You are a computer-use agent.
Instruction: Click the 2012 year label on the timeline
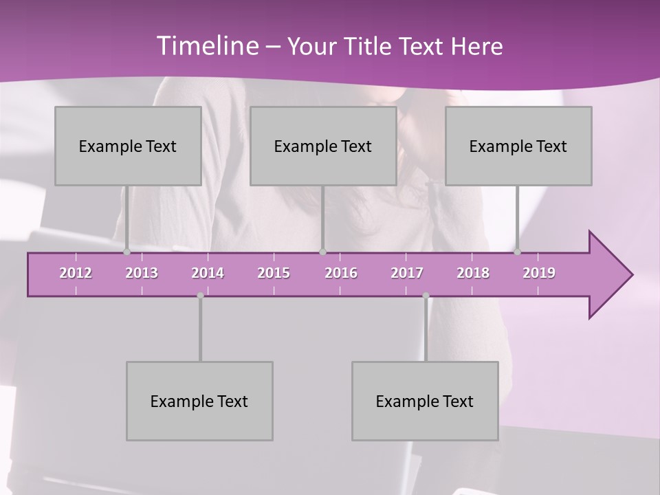76,273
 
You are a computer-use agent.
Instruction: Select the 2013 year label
142,273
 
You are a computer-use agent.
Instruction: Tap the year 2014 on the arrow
208,273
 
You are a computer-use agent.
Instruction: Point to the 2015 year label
274,273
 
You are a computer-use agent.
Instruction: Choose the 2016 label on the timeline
341,273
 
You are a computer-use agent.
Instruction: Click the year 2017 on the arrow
407,273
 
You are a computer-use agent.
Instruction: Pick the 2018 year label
473,273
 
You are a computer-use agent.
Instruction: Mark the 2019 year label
539,273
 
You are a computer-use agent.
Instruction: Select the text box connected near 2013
128,146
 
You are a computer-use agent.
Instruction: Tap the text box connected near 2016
323,146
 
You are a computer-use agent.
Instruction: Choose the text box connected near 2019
518,146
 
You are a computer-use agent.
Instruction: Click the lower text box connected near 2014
199,401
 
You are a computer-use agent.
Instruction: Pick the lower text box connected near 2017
425,401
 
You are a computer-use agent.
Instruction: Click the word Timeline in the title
207,46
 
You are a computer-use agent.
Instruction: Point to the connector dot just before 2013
127,252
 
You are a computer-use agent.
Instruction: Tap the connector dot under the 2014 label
200,296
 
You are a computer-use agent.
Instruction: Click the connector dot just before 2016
322,252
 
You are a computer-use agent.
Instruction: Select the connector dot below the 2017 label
426,296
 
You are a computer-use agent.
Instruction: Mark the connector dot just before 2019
518,252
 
